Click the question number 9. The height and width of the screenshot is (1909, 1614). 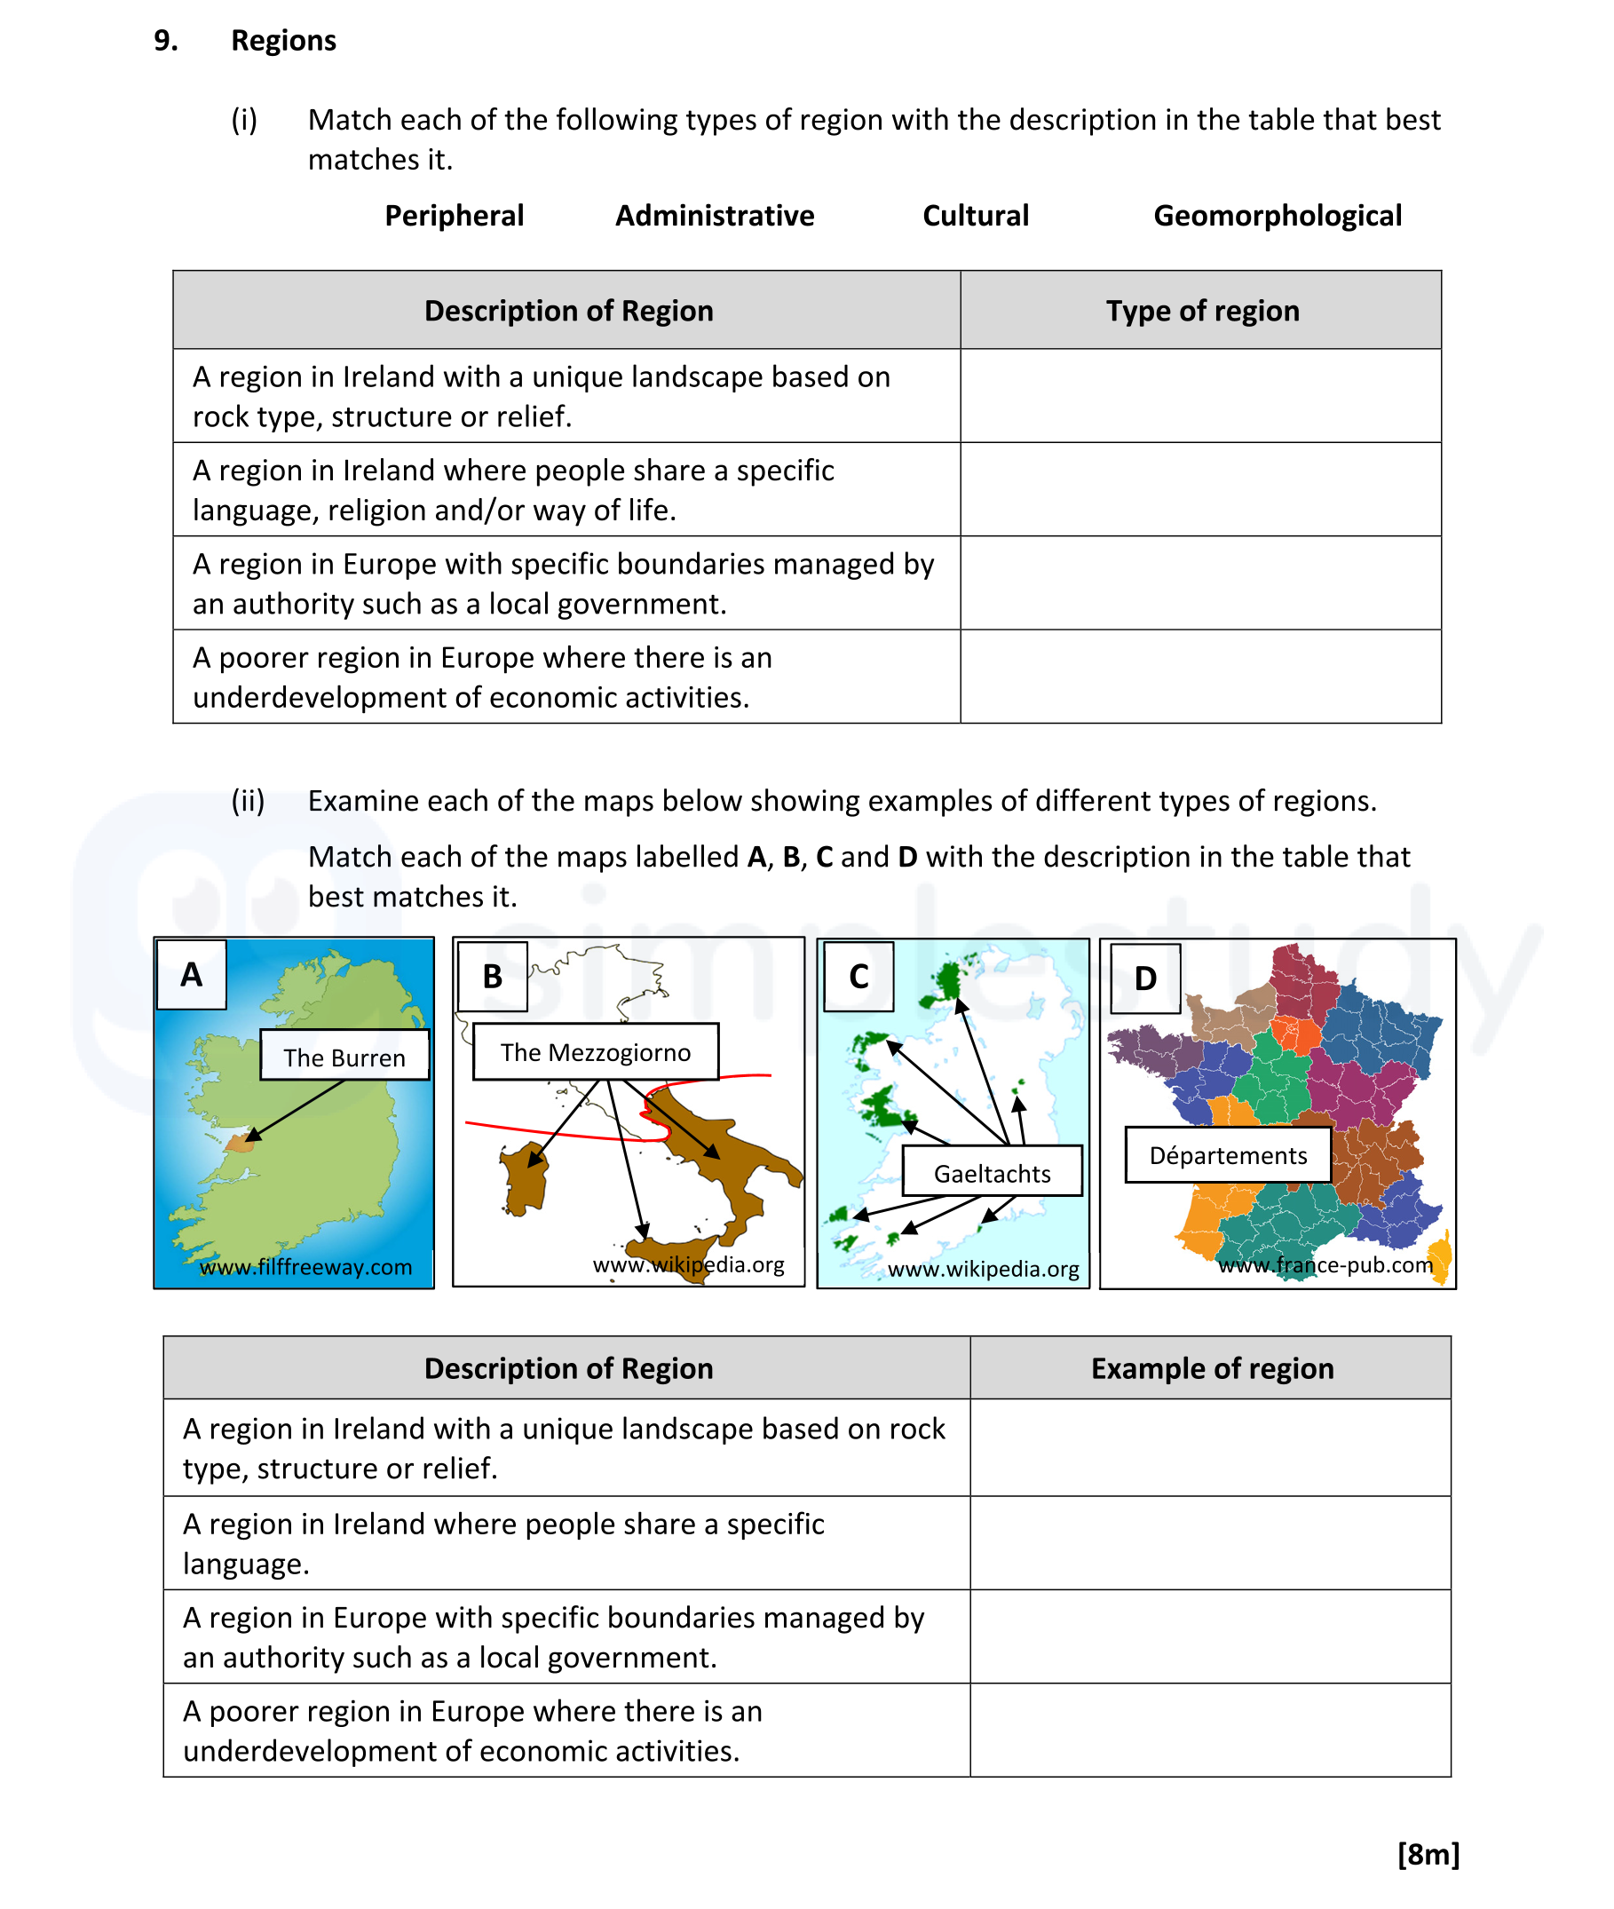pos(166,40)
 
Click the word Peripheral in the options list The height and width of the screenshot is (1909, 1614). pos(454,216)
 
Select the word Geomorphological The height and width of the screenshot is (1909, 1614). pos(1277,216)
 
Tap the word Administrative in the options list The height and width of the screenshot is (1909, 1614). pos(714,216)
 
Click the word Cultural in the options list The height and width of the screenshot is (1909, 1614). pos(975,216)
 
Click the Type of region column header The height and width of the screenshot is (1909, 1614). pos(1201,311)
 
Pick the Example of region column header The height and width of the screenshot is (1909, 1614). pos(1212,1368)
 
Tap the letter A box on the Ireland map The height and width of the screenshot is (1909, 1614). pos(191,975)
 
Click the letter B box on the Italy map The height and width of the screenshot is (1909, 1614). pos(492,977)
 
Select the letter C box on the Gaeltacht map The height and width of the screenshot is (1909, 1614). pos(858,977)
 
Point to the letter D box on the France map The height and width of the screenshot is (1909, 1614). pos(1144,978)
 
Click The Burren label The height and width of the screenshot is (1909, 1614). pos(344,1057)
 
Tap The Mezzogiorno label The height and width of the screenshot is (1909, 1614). pos(595,1052)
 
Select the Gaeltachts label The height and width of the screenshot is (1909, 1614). pos(992,1173)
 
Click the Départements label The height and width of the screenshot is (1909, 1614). pos(1227,1155)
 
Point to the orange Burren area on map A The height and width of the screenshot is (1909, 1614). pos(239,1143)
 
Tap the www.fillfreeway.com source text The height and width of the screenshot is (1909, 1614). pos(305,1267)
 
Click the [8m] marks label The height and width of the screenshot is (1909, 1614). pos(1428,1854)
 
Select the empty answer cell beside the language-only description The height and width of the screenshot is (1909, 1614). pos(1209,1543)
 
